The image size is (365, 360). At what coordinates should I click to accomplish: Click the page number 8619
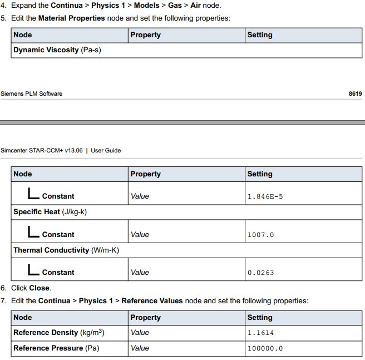click(x=355, y=93)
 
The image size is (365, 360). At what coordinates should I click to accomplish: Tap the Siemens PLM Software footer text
click(x=32, y=93)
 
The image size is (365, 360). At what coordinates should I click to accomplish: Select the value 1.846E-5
click(x=265, y=196)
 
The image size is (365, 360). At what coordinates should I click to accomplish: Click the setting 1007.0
click(x=260, y=235)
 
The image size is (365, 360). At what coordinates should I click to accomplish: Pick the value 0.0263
click(x=260, y=273)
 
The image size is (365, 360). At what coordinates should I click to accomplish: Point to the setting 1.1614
click(x=260, y=333)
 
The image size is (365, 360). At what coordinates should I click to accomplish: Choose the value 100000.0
click(x=265, y=348)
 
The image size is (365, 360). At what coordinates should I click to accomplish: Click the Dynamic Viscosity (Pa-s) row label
click(x=57, y=50)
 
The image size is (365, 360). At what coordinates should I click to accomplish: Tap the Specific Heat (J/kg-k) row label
click(x=50, y=212)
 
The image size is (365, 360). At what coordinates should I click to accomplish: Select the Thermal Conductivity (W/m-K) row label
click(x=66, y=250)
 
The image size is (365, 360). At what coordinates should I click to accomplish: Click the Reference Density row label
click(x=59, y=333)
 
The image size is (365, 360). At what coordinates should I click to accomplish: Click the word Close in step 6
click(x=39, y=288)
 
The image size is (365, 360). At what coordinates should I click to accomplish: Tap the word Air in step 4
click(x=195, y=6)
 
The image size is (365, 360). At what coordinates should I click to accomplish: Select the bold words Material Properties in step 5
click(x=71, y=18)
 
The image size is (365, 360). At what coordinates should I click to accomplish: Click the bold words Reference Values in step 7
click(x=152, y=301)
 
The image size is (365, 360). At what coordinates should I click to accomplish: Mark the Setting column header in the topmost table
click(x=260, y=35)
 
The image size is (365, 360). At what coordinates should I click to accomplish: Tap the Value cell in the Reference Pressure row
click(x=140, y=348)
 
